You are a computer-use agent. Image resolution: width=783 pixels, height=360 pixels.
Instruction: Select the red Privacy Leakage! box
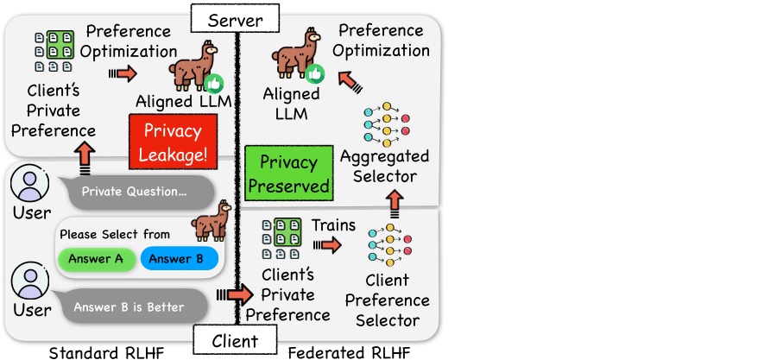(172, 142)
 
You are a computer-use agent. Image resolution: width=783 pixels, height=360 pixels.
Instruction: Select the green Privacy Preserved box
(288, 174)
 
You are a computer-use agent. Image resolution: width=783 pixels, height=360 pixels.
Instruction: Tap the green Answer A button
(96, 259)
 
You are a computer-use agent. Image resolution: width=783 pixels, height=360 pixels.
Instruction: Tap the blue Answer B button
(178, 259)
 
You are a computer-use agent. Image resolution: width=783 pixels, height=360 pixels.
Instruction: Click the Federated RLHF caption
(348, 352)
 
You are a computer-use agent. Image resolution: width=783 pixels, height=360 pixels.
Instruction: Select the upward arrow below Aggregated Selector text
(395, 203)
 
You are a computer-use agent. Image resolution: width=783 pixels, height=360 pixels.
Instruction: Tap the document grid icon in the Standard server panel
(54, 52)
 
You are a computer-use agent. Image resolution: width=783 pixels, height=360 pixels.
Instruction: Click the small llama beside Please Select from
(209, 227)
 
